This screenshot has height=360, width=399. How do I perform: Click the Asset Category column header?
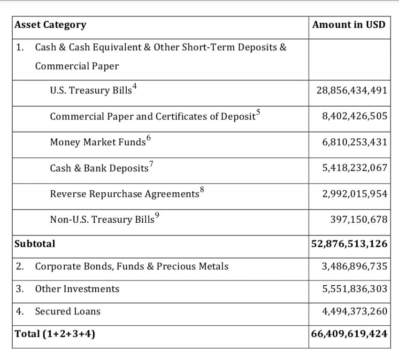[x=50, y=25]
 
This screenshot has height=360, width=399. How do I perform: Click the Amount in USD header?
[x=349, y=24]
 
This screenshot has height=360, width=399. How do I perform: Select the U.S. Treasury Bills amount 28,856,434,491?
[x=352, y=90]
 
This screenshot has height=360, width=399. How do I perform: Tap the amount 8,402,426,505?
[x=355, y=116]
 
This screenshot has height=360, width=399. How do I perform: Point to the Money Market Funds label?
[x=98, y=142]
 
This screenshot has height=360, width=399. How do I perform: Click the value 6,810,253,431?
[x=355, y=142]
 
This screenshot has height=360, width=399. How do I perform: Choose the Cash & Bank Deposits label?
[x=99, y=168]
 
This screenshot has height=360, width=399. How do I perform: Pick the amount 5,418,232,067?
[x=355, y=168]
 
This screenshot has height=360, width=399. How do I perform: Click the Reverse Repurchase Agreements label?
[x=124, y=194]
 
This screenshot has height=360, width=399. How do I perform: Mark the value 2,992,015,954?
[x=355, y=194]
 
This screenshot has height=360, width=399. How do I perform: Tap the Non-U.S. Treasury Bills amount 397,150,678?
[x=359, y=219]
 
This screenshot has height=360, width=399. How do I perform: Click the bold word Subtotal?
[x=35, y=244]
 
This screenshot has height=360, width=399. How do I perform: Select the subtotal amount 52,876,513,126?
[x=350, y=244]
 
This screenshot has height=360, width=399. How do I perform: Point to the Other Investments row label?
[x=77, y=289]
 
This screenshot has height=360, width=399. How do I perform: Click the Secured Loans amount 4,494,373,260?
[x=355, y=311]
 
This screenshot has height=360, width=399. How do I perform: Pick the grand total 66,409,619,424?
[x=350, y=334]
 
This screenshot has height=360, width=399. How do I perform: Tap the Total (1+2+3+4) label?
[x=55, y=334]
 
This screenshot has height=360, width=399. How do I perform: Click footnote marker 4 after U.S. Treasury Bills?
[x=135, y=86]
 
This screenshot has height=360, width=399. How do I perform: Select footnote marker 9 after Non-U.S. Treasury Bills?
[x=157, y=215]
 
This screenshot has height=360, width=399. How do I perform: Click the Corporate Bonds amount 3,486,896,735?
[x=355, y=266]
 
